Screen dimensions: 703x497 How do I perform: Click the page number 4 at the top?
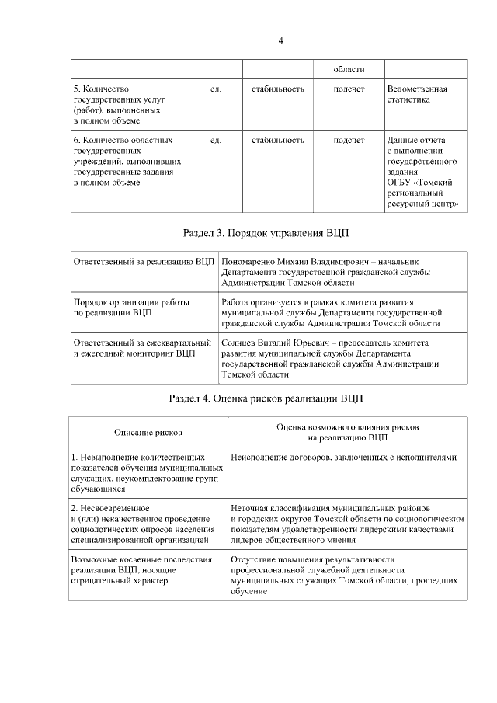click(280, 40)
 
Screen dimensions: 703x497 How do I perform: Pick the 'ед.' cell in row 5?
click(216, 89)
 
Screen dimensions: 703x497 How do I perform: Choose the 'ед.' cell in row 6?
click(216, 141)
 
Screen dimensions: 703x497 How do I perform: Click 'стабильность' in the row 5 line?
click(277, 89)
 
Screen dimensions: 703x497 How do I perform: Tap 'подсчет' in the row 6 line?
click(349, 141)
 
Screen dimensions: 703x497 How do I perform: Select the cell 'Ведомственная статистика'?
click(417, 94)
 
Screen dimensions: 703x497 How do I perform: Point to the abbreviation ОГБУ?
click(400, 183)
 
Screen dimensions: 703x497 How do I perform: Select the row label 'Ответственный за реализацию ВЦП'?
click(144, 262)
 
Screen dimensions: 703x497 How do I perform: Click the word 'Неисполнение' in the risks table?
click(260, 458)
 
